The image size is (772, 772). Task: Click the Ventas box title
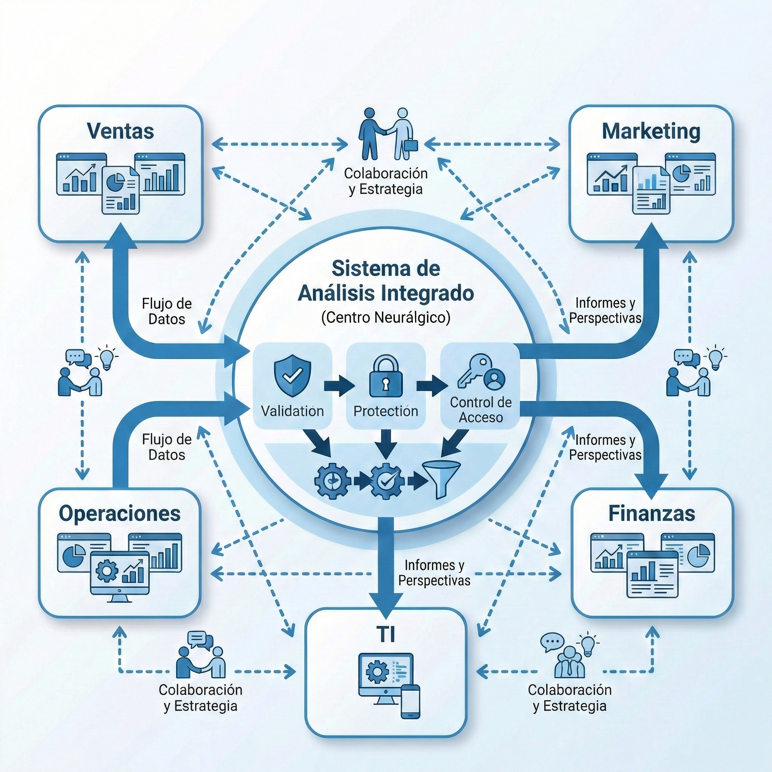[120, 131]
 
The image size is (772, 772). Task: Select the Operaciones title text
[119, 513]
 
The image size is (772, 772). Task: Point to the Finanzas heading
[651, 513]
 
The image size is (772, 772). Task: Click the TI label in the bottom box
[386, 634]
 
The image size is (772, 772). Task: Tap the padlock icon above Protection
[386, 377]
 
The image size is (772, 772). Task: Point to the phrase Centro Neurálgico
[386, 317]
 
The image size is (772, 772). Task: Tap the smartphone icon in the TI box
[410, 701]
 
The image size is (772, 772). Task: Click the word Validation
[293, 411]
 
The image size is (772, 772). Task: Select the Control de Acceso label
[481, 410]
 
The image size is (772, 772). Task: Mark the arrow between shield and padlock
[339, 386]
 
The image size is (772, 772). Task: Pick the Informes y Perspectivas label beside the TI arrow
[434, 573]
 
